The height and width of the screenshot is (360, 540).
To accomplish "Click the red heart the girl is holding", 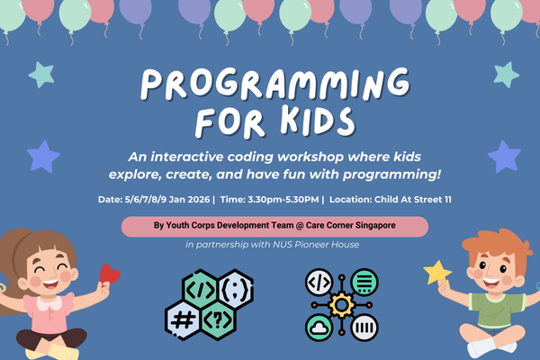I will click(x=109, y=273).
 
